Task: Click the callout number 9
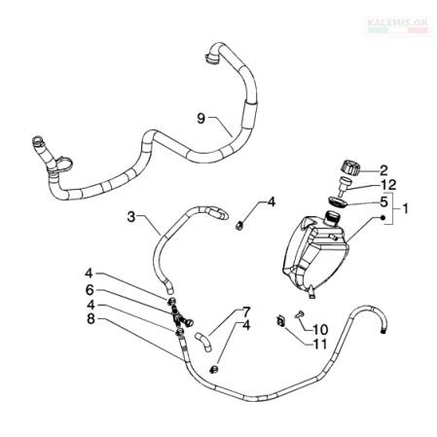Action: (x=201, y=119)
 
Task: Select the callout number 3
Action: (x=131, y=217)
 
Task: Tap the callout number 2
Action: (x=383, y=170)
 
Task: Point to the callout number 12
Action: (x=389, y=185)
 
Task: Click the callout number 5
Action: (x=384, y=201)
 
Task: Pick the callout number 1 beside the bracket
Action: (x=406, y=208)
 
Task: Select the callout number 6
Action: (x=90, y=290)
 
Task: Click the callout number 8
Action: (x=91, y=319)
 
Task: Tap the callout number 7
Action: (x=246, y=312)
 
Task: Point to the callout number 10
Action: (x=320, y=330)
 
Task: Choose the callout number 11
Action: (x=320, y=344)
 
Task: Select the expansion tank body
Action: (x=314, y=255)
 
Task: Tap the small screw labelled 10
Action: (x=300, y=314)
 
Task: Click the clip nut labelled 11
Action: (x=280, y=321)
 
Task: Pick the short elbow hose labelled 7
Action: (x=203, y=343)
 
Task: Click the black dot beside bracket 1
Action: (x=382, y=218)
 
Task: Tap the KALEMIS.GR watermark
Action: (x=398, y=24)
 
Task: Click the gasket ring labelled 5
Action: (x=337, y=202)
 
